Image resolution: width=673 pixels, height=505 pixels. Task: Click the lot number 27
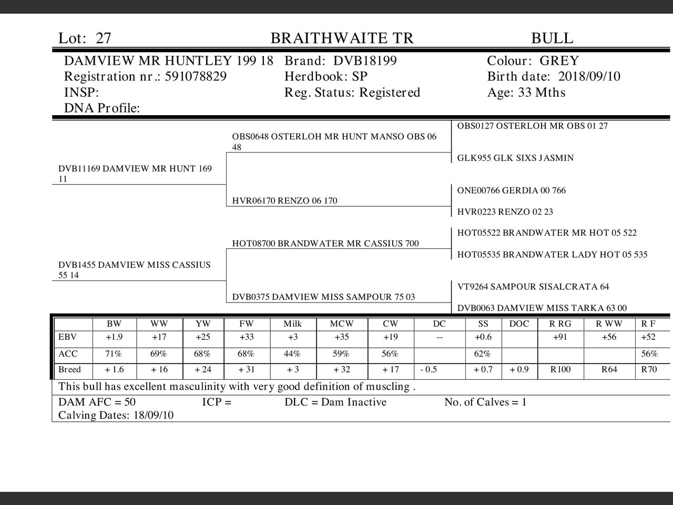click(104, 38)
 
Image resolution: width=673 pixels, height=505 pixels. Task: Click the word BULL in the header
click(552, 38)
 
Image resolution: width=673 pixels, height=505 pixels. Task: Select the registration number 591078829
click(196, 77)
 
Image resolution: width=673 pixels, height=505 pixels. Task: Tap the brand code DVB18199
click(365, 61)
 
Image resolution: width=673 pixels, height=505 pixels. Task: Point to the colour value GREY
click(559, 61)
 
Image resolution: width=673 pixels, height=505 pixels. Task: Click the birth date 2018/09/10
click(589, 77)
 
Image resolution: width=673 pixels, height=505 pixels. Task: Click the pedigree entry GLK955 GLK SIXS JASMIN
click(515, 158)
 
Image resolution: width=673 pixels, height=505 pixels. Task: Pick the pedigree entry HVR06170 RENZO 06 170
click(284, 200)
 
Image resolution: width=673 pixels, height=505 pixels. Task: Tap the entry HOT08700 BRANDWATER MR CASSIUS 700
click(325, 244)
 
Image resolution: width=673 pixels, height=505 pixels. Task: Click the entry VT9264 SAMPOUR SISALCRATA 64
click(533, 287)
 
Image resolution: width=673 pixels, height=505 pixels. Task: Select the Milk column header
click(292, 324)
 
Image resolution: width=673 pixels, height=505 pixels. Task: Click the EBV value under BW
click(114, 337)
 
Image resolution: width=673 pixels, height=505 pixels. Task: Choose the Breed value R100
click(560, 370)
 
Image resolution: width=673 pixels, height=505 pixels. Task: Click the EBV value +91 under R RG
click(560, 337)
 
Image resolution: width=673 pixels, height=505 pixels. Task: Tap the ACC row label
click(68, 354)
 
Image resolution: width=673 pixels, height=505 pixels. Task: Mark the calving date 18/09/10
click(154, 416)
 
